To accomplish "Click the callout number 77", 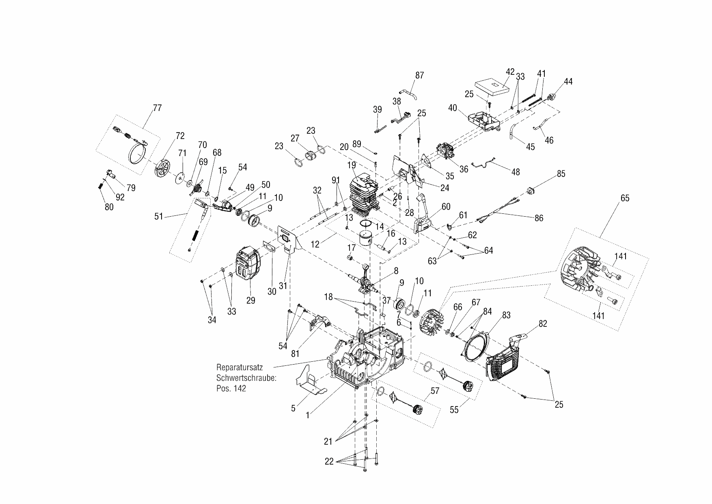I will tap(157, 108).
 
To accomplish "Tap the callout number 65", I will tap(625, 198).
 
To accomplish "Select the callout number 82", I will tap(543, 324).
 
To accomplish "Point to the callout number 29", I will tap(251, 300).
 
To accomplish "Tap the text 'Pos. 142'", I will tap(231, 388).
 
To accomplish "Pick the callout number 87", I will tap(420, 75).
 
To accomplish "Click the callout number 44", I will tap(568, 81).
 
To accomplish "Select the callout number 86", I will tap(539, 218).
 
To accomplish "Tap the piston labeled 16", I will tap(369, 243).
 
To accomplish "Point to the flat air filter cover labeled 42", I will tap(492, 87).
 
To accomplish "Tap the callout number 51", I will tap(159, 216).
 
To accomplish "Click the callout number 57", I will tap(435, 391).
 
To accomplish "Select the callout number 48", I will tap(516, 172).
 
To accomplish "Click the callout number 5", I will tap(293, 408).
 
